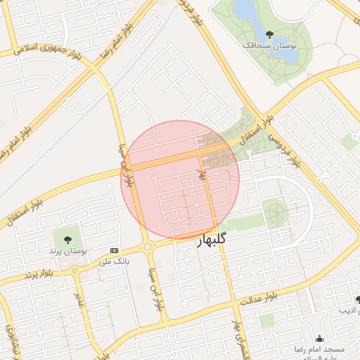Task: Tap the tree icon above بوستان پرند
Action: (x=67, y=238)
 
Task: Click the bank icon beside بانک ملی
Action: (x=114, y=251)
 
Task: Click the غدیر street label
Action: (x=82, y=297)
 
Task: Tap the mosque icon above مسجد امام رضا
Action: (x=320, y=338)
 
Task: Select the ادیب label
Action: (x=348, y=310)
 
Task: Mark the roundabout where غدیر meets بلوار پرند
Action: (x=75, y=271)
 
